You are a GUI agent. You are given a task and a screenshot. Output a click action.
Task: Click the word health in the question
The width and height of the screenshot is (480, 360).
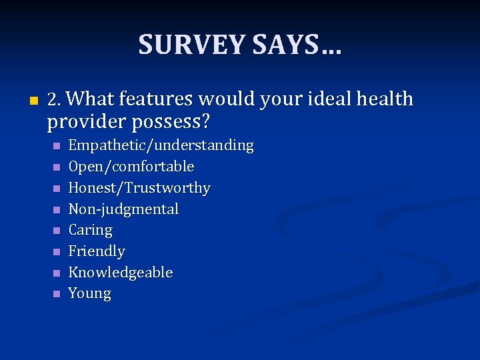[x=385, y=100]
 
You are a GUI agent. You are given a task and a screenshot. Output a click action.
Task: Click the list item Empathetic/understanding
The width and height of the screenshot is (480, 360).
[x=161, y=145]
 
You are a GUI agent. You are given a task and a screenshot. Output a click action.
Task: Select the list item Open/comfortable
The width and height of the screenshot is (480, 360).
[x=131, y=167]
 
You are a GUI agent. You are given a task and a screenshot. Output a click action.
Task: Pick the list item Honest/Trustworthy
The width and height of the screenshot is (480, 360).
[x=139, y=188]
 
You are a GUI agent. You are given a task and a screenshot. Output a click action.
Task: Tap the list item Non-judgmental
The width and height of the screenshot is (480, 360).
[x=124, y=209]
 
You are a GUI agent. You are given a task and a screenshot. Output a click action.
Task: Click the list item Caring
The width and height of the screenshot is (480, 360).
[x=91, y=231]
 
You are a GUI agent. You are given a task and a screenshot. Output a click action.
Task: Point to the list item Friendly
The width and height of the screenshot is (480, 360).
[x=97, y=251]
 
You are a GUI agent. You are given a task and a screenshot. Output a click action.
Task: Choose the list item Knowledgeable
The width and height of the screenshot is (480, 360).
[x=121, y=273]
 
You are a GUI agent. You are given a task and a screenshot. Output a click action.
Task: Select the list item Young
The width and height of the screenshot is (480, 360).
[x=90, y=294]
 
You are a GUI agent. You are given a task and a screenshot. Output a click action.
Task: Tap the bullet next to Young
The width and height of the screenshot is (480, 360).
[x=57, y=294]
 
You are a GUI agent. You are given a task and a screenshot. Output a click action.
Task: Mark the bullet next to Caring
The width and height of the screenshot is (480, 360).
[x=57, y=231]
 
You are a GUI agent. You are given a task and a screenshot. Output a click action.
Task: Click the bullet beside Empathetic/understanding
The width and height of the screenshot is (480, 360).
[x=57, y=145]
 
